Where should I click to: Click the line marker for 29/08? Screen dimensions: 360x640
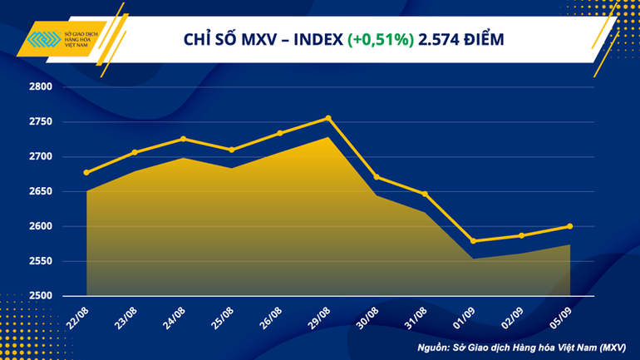pos(328,118)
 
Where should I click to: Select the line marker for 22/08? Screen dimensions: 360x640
pos(86,173)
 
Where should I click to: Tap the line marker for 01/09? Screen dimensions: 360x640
pos(473,241)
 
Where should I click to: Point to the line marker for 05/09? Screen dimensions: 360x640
pos(569,226)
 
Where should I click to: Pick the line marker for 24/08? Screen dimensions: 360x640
pos(183,139)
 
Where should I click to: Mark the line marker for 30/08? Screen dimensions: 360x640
pos(377,177)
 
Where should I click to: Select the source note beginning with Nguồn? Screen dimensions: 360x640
pos(521,344)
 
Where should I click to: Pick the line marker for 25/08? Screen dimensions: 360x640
pos(231,150)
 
